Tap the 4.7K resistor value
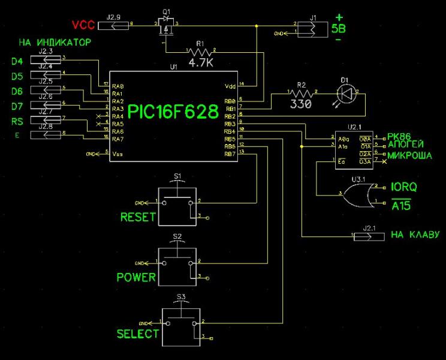[200, 62]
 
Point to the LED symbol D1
[345, 92]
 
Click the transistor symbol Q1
[166, 26]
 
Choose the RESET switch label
[138, 217]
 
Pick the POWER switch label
[136, 277]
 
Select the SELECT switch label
[138, 334]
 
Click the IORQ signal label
[404, 187]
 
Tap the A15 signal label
[402, 206]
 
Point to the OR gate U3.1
[360, 193]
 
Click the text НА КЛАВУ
[415, 235]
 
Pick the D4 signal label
[17, 61]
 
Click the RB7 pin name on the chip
[229, 154]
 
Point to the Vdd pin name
[230, 85]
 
